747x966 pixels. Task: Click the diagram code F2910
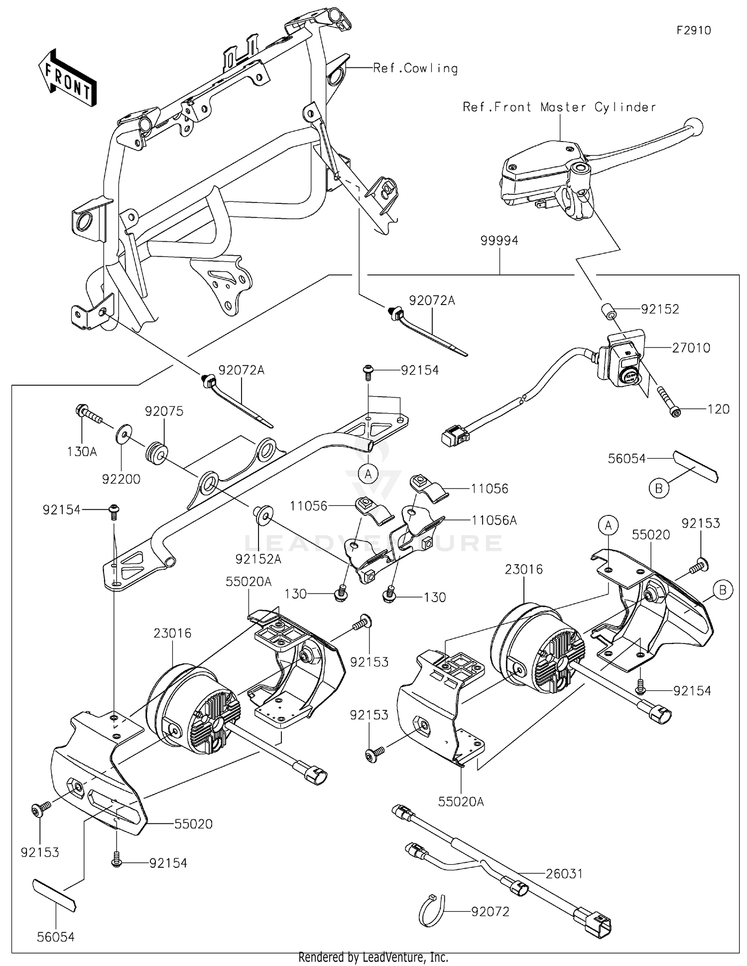tap(693, 30)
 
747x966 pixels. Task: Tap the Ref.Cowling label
tap(415, 68)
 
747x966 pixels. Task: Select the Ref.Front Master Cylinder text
tap(559, 107)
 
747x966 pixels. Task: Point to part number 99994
tap(499, 241)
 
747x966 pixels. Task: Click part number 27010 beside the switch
tap(691, 347)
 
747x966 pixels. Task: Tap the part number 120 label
tap(718, 409)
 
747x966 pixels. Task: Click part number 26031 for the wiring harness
tap(564, 873)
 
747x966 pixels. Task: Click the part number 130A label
tap(82, 452)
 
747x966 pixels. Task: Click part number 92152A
tap(258, 559)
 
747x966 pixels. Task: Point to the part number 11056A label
tap(494, 520)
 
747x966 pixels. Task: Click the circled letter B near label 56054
tap(658, 488)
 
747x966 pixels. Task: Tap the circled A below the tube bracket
tap(368, 474)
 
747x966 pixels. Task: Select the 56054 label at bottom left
tap(55, 937)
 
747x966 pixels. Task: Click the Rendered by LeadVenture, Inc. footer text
tap(373, 957)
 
